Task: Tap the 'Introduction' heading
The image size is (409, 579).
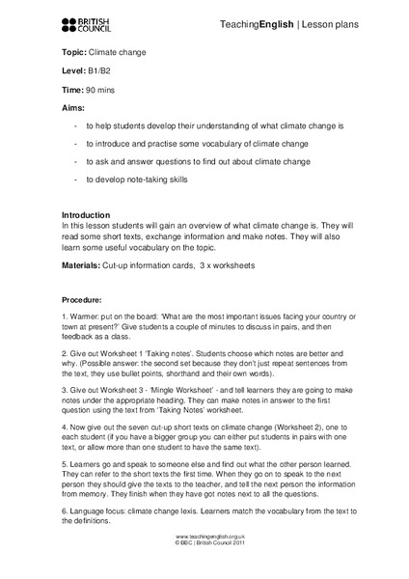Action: [x=86, y=214]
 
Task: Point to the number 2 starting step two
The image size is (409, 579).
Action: [x=64, y=354]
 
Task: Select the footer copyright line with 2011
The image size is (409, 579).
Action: [x=204, y=570]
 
